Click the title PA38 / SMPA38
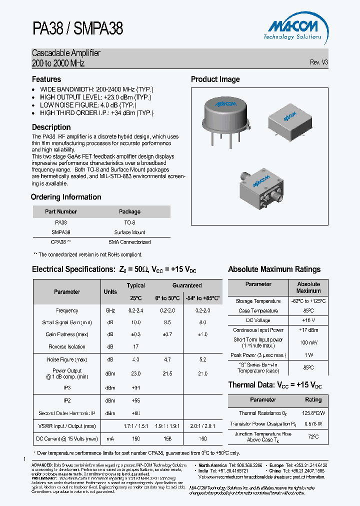[x=77, y=28]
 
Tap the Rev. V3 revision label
[x=319, y=62]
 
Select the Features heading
[x=46, y=79]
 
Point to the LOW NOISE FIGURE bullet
[x=95, y=105]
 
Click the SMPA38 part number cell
[x=61, y=232]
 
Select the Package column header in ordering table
[x=129, y=211]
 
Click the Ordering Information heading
[x=66, y=197]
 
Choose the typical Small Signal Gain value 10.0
[x=135, y=322]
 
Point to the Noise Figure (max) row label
[x=67, y=359]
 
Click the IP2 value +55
[x=135, y=400]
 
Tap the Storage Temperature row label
[x=258, y=301]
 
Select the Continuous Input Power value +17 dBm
[x=308, y=330]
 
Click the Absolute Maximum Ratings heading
[x=274, y=269]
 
